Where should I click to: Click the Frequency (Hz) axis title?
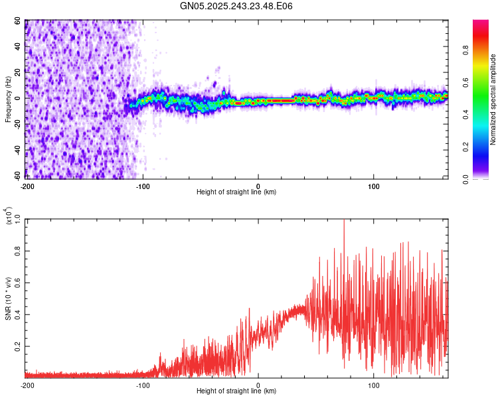tap(8, 100)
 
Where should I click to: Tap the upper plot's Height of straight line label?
tap(236, 192)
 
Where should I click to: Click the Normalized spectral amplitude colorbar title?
tap(493, 100)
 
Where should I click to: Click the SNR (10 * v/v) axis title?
tap(8, 298)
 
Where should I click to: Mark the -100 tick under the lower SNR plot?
tap(143, 385)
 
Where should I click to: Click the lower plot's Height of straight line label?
tap(236, 391)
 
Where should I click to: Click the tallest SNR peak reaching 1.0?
tap(343, 221)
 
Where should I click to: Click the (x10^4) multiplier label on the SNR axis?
tap(9, 216)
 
